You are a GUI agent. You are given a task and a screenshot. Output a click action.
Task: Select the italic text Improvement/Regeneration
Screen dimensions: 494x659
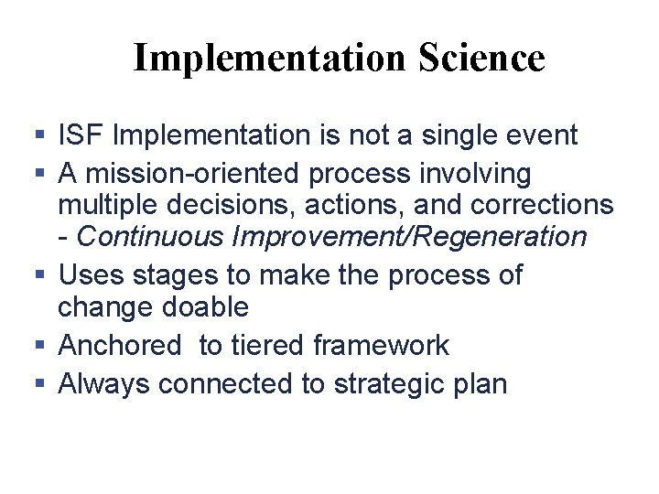pyautogui.click(x=409, y=237)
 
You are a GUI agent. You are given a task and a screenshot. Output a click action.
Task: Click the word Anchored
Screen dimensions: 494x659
pyautogui.click(x=120, y=345)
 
